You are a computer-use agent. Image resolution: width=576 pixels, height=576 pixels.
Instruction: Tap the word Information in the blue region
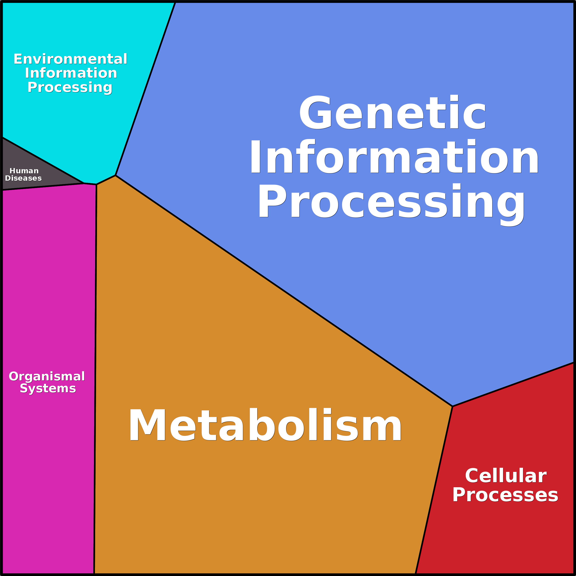pyautogui.click(x=394, y=157)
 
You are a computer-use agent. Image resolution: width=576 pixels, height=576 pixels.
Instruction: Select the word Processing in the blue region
pyautogui.click(x=391, y=202)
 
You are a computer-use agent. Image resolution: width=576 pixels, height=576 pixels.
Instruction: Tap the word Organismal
pyautogui.click(x=47, y=377)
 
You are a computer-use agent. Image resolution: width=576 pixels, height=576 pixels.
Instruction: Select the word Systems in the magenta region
pyautogui.click(x=48, y=388)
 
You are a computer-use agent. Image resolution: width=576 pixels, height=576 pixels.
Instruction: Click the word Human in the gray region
pyautogui.click(x=24, y=171)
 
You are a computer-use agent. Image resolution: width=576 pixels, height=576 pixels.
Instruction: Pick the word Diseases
pyautogui.click(x=23, y=178)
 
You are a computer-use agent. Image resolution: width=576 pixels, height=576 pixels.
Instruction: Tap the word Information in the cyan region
pyautogui.click(x=71, y=73)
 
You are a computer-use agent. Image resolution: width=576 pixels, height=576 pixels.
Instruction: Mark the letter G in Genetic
pyautogui.click(x=316, y=112)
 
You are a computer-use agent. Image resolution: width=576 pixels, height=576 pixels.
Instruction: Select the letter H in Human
pyautogui.click(x=13, y=171)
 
